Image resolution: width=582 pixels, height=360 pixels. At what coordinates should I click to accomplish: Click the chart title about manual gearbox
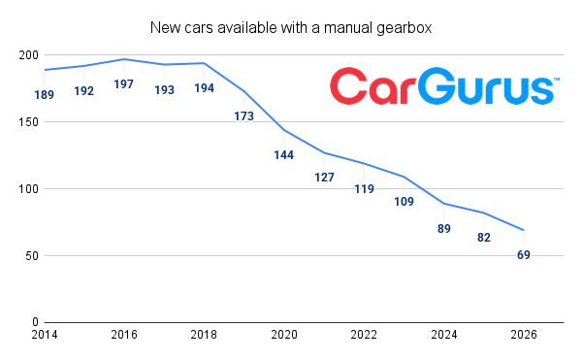pyautogui.click(x=291, y=26)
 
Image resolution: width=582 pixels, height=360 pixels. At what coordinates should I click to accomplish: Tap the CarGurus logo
pyautogui.click(x=441, y=86)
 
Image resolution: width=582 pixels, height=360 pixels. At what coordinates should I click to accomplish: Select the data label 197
pyautogui.click(x=124, y=84)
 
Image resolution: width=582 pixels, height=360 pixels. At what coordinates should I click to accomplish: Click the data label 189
pyautogui.click(x=45, y=95)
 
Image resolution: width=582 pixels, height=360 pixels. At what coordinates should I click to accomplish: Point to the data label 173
pyautogui.click(x=243, y=116)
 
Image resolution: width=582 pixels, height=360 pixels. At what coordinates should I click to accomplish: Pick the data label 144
pyautogui.click(x=283, y=155)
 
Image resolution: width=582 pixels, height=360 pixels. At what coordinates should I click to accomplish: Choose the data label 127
pyautogui.click(x=324, y=178)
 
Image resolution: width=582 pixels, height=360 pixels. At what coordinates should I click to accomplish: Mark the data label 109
pyautogui.click(x=404, y=202)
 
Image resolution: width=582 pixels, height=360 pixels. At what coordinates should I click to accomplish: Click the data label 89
pyautogui.click(x=444, y=228)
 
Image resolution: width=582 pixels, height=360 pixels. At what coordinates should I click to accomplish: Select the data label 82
pyautogui.click(x=484, y=238)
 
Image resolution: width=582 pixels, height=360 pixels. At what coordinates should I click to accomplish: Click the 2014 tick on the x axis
pyautogui.click(x=45, y=335)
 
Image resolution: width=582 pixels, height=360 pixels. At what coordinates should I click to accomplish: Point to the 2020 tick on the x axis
pyautogui.click(x=283, y=335)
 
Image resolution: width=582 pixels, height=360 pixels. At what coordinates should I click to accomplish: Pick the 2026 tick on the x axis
pyautogui.click(x=523, y=335)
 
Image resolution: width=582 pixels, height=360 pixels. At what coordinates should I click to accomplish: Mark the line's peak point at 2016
pyautogui.click(x=124, y=59)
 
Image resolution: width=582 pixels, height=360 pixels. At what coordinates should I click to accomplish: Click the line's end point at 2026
pyautogui.click(x=524, y=230)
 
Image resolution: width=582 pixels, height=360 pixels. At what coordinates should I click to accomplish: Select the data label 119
pyautogui.click(x=364, y=188)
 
